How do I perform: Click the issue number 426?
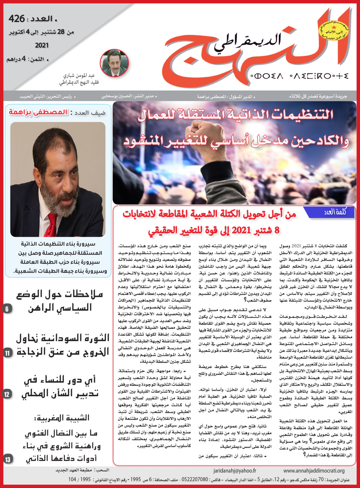click(17, 19)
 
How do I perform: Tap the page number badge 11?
click(7, 353)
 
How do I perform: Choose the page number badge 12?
click(7, 394)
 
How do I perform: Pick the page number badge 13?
click(7, 459)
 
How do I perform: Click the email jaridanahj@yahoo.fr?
click(235, 471)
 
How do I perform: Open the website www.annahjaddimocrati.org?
click(314, 471)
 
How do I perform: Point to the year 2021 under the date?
click(42, 45)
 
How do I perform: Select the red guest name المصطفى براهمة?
click(38, 112)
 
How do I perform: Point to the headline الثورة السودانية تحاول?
click(63, 337)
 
